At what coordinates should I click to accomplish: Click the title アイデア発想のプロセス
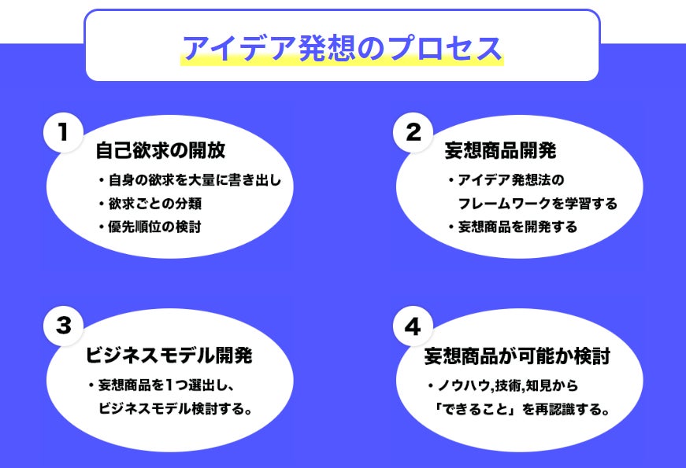tap(342, 49)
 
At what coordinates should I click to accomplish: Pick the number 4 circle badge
tap(413, 326)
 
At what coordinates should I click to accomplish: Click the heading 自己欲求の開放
tap(165, 150)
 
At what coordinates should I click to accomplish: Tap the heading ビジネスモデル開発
tap(169, 356)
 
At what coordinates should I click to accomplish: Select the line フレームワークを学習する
tap(538, 203)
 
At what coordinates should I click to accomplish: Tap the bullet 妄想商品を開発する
tap(517, 227)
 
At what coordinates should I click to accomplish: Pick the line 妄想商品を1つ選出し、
tap(173, 385)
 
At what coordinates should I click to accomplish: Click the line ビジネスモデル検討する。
tap(175, 409)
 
